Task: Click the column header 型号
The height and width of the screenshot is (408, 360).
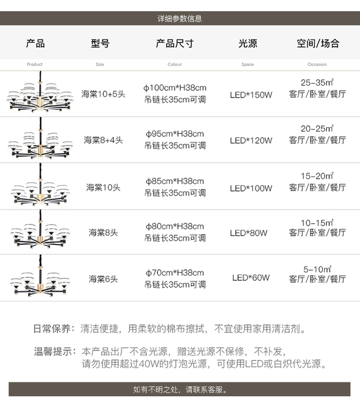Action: [x=100, y=43]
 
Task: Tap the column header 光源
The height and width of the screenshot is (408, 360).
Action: [x=248, y=43]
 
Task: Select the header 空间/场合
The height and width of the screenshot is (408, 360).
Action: [x=318, y=43]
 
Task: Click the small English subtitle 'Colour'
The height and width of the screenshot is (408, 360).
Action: [x=175, y=64]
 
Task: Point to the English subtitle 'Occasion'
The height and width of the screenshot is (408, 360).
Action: [x=317, y=64]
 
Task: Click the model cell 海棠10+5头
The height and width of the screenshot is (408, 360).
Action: [x=103, y=94]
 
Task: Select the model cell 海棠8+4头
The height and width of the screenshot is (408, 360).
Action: [x=103, y=140]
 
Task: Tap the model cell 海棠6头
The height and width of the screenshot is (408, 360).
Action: [x=103, y=279]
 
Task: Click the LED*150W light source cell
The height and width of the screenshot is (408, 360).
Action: [x=251, y=95]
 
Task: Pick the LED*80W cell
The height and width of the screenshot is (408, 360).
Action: [x=249, y=233]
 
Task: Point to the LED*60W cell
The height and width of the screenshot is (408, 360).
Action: [x=251, y=277]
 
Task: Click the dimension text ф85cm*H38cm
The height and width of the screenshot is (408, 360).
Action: [x=175, y=181]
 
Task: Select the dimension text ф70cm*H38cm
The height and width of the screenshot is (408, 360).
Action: [x=175, y=273]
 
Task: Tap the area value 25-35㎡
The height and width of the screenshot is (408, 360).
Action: [x=317, y=82]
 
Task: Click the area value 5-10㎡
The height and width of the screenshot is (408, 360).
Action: [x=317, y=269]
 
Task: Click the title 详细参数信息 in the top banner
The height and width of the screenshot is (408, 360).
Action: [x=179, y=19]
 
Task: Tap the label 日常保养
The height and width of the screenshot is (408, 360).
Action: [x=52, y=328]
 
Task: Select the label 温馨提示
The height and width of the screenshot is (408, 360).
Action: [x=52, y=351]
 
